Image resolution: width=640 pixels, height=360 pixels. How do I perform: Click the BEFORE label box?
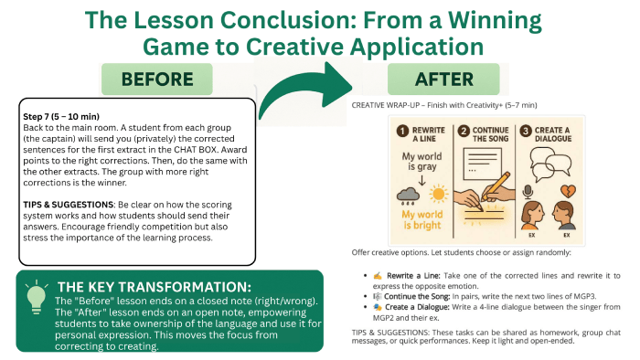[x=151, y=79]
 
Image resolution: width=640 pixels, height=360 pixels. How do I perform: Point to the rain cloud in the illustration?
[x=402, y=195]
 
